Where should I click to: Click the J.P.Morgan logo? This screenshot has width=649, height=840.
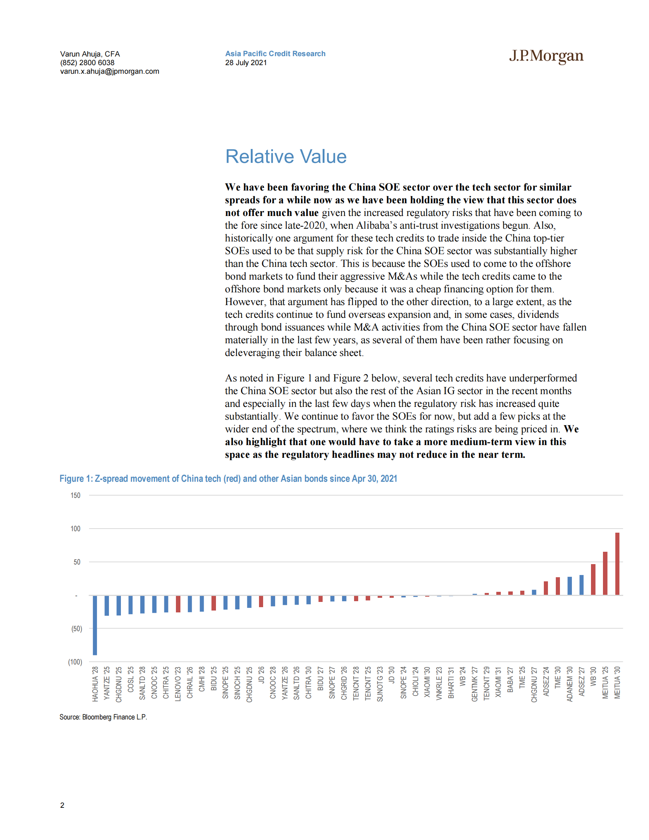[546, 56]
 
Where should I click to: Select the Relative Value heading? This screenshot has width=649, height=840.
[286, 156]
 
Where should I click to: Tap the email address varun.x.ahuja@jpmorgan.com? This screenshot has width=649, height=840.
[110, 71]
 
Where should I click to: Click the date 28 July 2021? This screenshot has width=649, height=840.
[246, 63]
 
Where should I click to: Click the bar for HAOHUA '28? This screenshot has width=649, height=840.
[95, 625]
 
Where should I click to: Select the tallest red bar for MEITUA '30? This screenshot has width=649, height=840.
[617, 564]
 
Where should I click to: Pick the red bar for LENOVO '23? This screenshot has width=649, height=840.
[178, 604]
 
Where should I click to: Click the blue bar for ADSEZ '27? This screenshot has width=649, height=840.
[581, 585]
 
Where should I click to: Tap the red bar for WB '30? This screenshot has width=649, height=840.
[593, 579]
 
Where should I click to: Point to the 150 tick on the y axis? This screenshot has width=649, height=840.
[75, 495]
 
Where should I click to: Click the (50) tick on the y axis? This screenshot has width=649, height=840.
[76, 629]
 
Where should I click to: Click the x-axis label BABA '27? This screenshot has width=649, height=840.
[510, 680]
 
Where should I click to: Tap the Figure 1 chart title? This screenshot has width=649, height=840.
[228, 478]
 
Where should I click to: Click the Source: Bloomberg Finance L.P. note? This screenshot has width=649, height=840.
[103, 717]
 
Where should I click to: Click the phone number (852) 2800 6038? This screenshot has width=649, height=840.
[87, 63]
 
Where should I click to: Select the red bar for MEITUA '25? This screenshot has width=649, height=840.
[605, 573]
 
